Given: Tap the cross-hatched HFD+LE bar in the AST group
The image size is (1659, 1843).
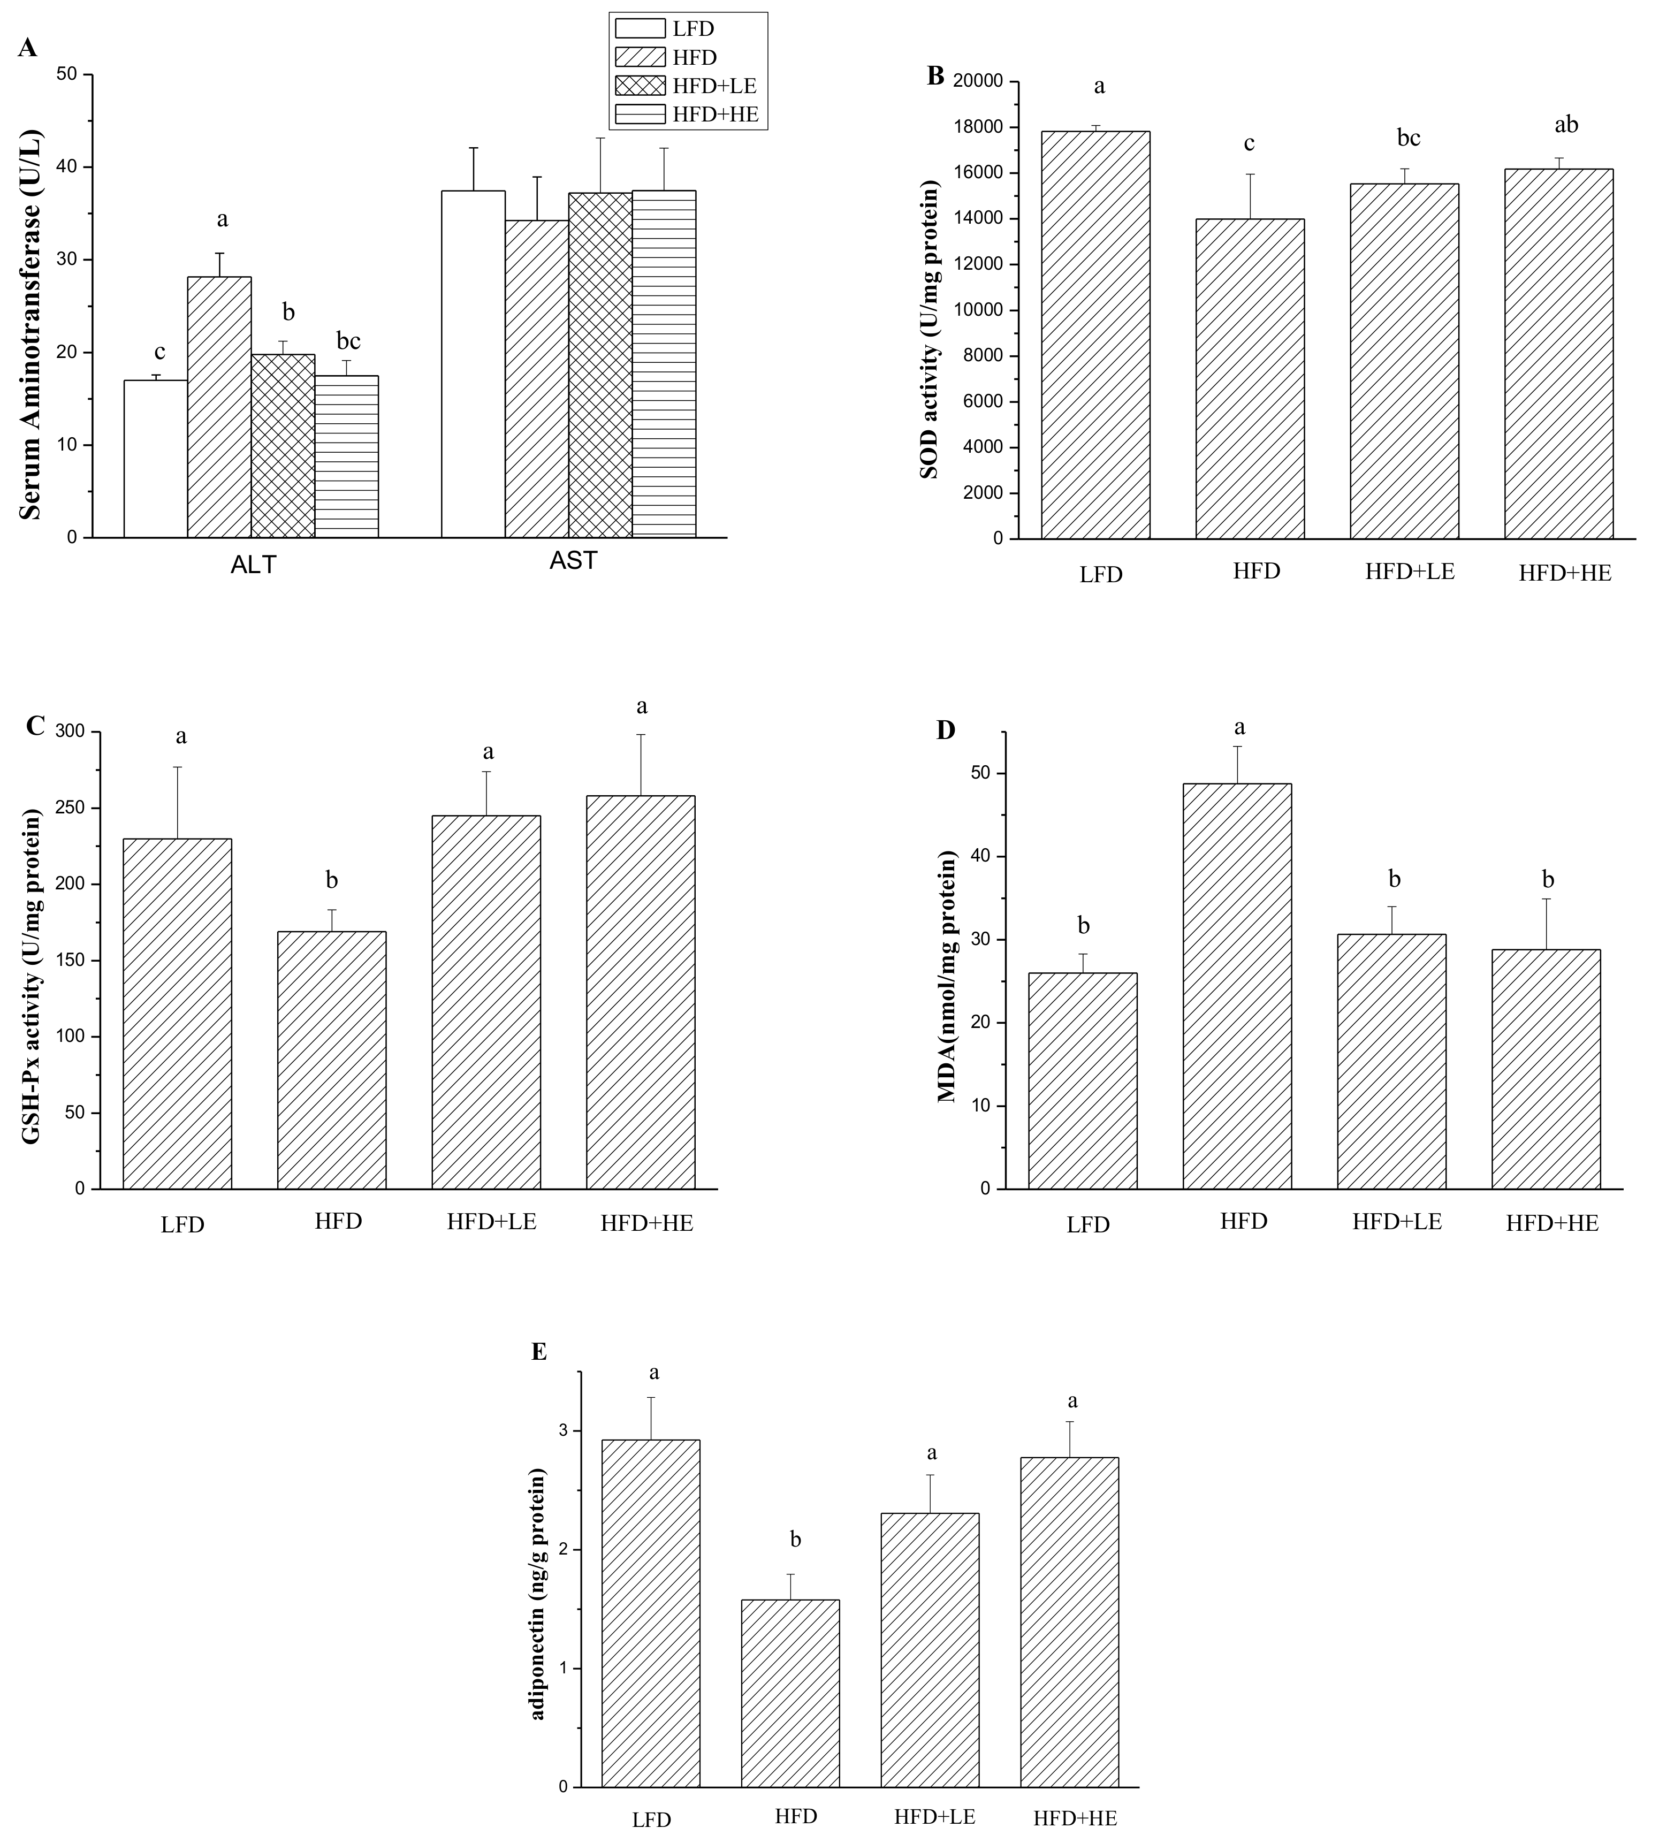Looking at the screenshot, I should point(600,364).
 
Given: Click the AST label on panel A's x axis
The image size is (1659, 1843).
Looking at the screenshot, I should point(573,561).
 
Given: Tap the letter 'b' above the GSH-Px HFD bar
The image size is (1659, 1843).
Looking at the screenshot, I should point(332,880).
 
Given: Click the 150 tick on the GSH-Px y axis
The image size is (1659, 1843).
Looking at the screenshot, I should point(73,961).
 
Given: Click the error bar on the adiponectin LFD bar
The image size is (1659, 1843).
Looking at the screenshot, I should point(651,1418).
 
